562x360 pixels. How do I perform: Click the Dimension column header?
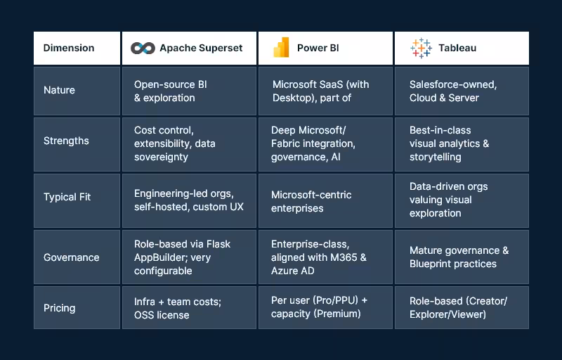pos(69,48)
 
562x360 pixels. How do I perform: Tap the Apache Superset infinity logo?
pos(143,48)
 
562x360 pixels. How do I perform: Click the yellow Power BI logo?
pos(281,48)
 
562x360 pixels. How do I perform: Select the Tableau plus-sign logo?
pos(421,48)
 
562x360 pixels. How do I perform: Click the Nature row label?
pos(59,90)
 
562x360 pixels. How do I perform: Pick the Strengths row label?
pos(66,141)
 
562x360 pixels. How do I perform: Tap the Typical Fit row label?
pos(67,197)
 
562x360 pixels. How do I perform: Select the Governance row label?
pos(71,257)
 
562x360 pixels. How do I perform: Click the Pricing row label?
pos(59,308)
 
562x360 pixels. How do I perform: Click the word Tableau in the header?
pos(457,48)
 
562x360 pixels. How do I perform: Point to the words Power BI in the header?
pos(318,48)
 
